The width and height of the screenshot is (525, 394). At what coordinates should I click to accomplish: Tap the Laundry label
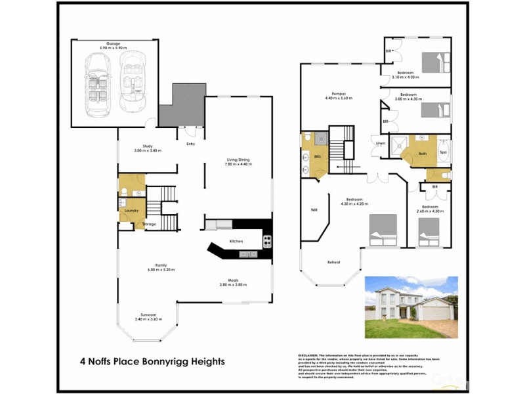[x=132, y=211]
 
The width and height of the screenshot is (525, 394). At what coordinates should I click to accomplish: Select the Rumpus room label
[x=339, y=93]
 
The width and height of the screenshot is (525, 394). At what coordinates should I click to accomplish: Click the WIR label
[x=314, y=210]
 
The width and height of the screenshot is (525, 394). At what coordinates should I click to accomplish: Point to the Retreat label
[x=333, y=263]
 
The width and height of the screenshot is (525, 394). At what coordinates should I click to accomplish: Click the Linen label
[x=380, y=143]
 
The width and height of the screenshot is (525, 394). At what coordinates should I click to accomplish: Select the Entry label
[x=191, y=144]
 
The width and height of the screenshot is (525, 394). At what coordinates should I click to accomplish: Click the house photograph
[x=410, y=307]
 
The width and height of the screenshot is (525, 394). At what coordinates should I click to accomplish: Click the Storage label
[x=150, y=225]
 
